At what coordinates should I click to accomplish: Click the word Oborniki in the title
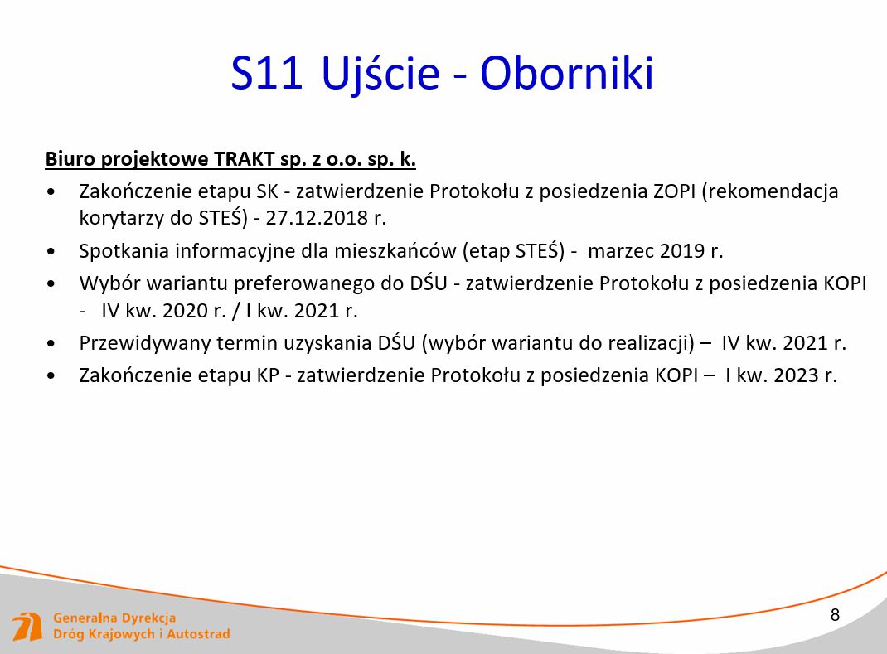567,73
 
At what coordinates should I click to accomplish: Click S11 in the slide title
266,73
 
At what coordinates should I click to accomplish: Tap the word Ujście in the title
380,75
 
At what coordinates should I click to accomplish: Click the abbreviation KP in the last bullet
268,375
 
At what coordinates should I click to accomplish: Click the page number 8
835,615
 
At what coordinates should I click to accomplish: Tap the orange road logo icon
27,627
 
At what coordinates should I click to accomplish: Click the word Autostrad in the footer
198,634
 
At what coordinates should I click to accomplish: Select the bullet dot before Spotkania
51,251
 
